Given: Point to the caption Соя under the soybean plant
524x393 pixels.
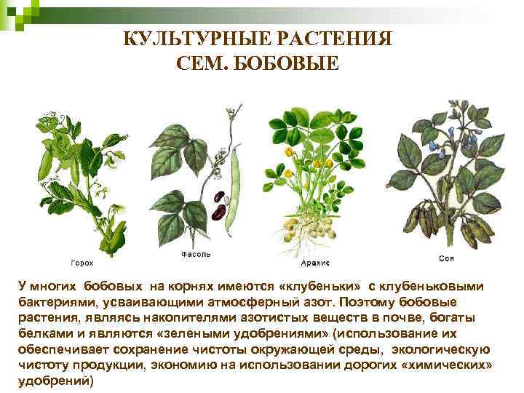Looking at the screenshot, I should click(x=448, y=258).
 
